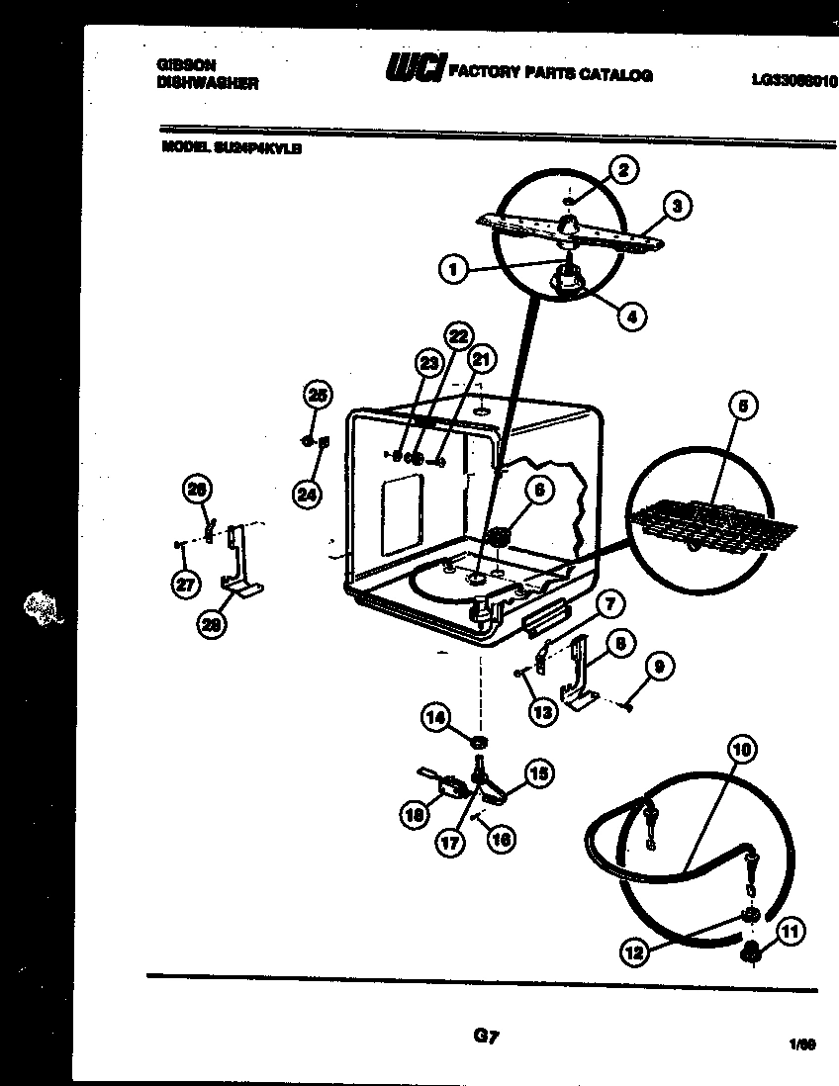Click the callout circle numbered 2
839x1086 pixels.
pos(621,170)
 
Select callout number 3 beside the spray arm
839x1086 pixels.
pos(676,206)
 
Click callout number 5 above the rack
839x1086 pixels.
pos(742,406)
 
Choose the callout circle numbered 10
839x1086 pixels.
pos(742,750)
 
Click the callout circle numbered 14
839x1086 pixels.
pos(436,719)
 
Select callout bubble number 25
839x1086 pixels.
pos(316,394)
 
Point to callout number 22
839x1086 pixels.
pos(455,335)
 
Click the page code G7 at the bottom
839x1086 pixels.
pos(485,1037)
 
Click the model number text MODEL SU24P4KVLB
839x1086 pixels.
pos(231,148)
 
